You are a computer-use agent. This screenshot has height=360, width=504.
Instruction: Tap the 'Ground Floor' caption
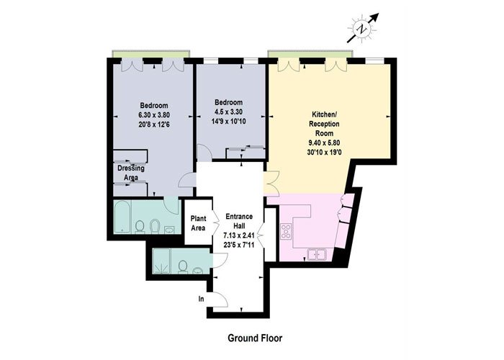255,338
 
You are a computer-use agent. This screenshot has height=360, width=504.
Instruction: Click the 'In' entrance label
201,300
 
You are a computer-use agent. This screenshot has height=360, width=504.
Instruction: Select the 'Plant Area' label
198,223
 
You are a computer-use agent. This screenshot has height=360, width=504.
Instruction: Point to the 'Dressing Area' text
131,173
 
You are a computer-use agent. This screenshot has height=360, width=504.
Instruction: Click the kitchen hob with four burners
286,231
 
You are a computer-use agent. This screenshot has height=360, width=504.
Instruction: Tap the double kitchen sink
317,255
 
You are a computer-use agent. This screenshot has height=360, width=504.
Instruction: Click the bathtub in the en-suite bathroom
122,217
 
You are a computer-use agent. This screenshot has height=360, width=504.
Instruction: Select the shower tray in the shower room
162,261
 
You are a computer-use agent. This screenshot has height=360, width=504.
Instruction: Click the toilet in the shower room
183,267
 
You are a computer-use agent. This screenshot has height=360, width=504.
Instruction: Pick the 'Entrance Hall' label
239,221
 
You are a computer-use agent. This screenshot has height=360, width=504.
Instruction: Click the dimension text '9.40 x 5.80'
324,143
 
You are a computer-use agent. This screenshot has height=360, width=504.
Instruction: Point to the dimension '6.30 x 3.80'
154,114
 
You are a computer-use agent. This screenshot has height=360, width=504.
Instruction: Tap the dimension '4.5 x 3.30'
228,112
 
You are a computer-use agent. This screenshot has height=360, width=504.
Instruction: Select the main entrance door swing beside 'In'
221,300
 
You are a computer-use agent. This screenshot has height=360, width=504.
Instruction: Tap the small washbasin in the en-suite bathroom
169,230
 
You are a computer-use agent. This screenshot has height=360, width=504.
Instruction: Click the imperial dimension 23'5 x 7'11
239,245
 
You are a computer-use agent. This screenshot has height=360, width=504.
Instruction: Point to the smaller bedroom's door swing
204,153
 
